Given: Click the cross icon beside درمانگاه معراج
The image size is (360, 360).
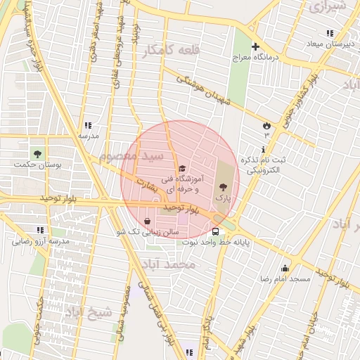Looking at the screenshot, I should pos(255,46).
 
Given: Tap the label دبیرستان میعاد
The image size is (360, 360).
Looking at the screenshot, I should pos(328,44).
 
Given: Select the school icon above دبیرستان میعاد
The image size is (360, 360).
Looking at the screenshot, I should pos(328,33).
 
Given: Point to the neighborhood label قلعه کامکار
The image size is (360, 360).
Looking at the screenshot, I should pos(165,51).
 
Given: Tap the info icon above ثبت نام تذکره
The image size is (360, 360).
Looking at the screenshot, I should pos(263,149).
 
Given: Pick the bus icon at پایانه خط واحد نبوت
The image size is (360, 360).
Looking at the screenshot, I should pos(215,231).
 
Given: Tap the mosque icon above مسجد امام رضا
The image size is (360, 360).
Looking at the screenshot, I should pos(284,268).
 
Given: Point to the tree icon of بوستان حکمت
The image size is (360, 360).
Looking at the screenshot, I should pos(37,153).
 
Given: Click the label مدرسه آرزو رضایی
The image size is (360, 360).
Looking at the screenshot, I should pos(39,241).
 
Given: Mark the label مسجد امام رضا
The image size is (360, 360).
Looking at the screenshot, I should pos(284,279).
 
